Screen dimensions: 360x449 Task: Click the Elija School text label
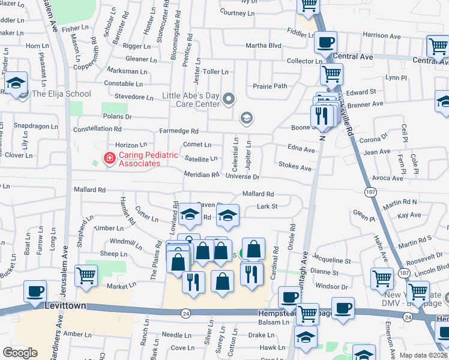61,94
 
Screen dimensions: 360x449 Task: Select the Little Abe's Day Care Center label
191,100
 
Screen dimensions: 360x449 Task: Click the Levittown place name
65,305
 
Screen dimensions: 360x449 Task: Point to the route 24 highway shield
186,313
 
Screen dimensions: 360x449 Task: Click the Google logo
20,352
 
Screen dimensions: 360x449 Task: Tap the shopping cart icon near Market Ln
86,276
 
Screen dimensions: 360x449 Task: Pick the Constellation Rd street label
97,129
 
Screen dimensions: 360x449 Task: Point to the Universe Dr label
243,177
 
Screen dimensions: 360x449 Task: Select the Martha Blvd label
263,46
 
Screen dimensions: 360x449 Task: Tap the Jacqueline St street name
331,261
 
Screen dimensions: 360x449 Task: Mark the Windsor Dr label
331,287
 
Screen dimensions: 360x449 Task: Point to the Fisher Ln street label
74,28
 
